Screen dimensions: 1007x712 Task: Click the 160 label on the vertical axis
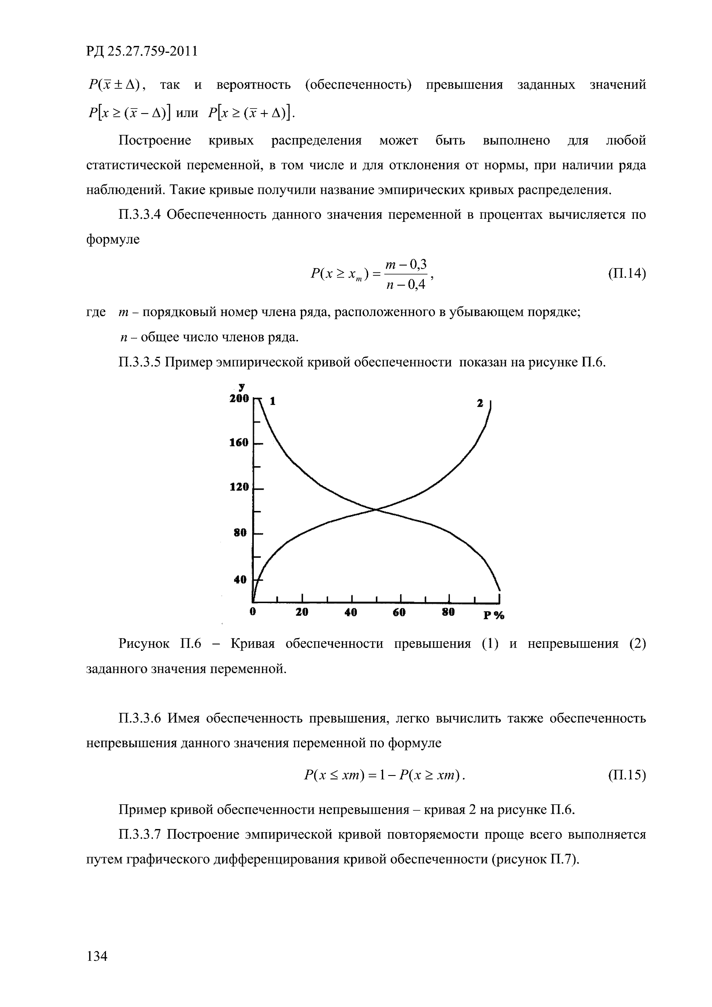(239, 443)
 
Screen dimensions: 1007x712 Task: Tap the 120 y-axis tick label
(239, 487)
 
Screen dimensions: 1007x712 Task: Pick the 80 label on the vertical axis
(240, 533)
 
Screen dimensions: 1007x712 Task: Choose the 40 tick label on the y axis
(240, 579)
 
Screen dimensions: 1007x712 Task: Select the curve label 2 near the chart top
(480, 403)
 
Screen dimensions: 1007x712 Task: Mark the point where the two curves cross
(376, 509)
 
